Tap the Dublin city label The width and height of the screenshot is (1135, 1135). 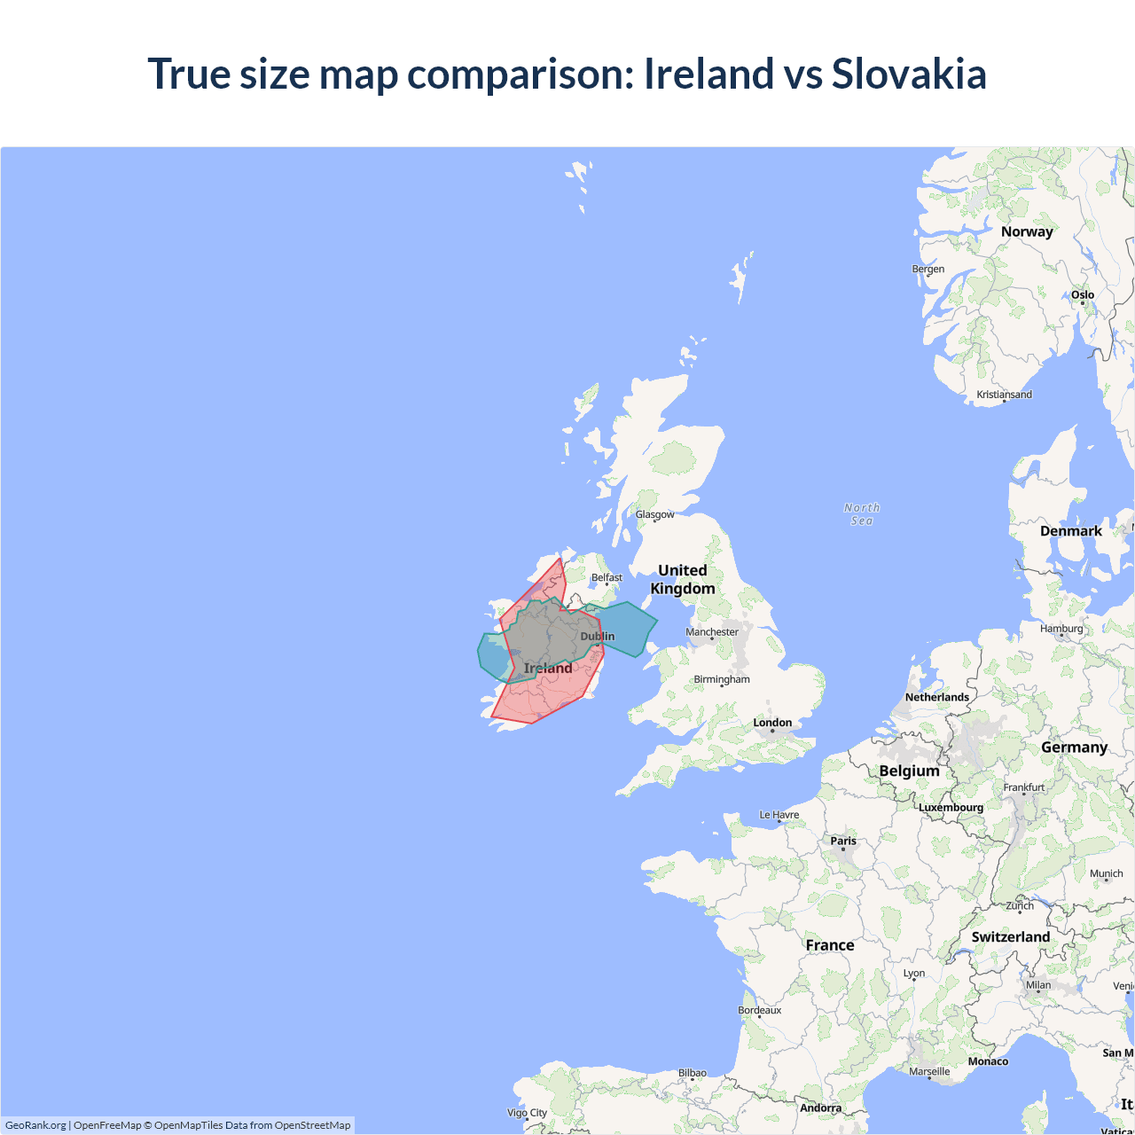pyautogui.click(x=598, y=637)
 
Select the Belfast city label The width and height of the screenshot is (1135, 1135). pyautogui.click(x=607, y=578)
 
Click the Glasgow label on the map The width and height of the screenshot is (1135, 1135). pyautogui.click(x=655, y=514)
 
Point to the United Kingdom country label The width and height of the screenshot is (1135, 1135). pyautogui.click(x=683, y=580)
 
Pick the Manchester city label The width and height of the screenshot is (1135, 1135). pyautogui.click(x=712, y=632)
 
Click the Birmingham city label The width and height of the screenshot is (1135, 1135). pyautogui.click(x=722, y=679)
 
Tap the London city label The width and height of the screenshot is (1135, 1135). pyautogui.click(x=772, y=723)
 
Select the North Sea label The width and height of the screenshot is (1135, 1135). pyautogui.click(x=862, y=514)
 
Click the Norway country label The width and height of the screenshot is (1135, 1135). pyautogui.click(x=1027, y=231)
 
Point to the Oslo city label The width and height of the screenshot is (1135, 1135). pyautogui.click(x=1083, y=295)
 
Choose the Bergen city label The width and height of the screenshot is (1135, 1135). pyautogui.click(x=928, y=270)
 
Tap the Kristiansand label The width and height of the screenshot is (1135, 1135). pyautogui.click(x=1005, y=395)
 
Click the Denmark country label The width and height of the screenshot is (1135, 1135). pyautogui.click(x=1071, y=531)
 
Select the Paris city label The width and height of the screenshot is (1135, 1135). pyautogui.click(x=843, y=841)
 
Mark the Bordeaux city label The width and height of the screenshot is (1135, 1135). pyautogui.click(x=760, y=1010)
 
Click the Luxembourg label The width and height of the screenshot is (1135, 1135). pyautogui.click(x=951, y=808)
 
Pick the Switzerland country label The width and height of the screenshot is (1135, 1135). pyautogui.click(x=1011, y=937)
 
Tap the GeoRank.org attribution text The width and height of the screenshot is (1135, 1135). pyautogui.click(x=35, y=1125)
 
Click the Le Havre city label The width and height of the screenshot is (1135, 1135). pyautogui.click(x=779, y=815)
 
